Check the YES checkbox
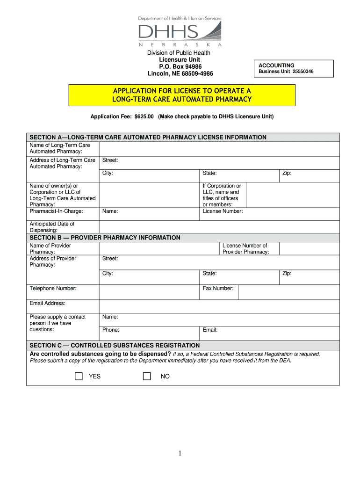tap(79, 376)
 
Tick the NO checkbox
tap(147, 376)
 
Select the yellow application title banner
tap(182, 95)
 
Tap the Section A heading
tap(148, 138)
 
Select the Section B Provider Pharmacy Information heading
tap(105, 238)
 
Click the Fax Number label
tap(218, 289)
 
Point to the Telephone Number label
tap(53, 289)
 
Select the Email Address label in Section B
tap(47, 303)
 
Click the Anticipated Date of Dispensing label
tap(52, 227)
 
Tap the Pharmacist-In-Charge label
tap(56, 211)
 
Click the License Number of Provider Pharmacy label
tap(245, 249)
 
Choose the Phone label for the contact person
tap(111, 330)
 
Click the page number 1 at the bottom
tap(180, 453)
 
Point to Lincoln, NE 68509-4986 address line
tap(180, 73)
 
